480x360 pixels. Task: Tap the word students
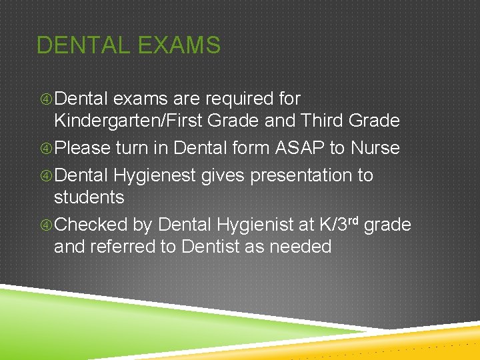[x=89, y=197]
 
